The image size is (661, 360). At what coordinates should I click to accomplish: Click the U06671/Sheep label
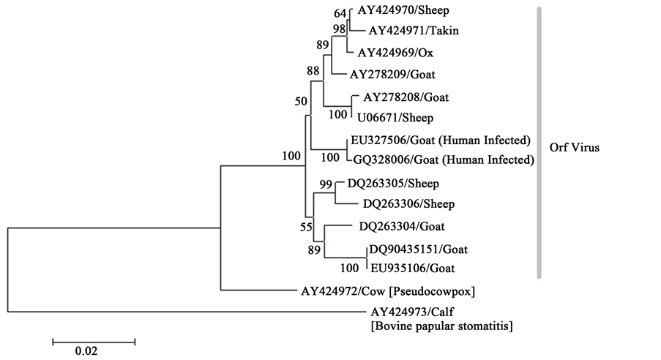[395, 117]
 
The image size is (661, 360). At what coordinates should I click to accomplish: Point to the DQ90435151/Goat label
[414, 250]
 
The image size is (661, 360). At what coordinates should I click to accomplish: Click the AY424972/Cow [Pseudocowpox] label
[389, 291]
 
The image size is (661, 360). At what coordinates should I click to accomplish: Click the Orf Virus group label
[574, 147]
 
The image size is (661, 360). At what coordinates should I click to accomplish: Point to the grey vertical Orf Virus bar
[539, 143]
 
